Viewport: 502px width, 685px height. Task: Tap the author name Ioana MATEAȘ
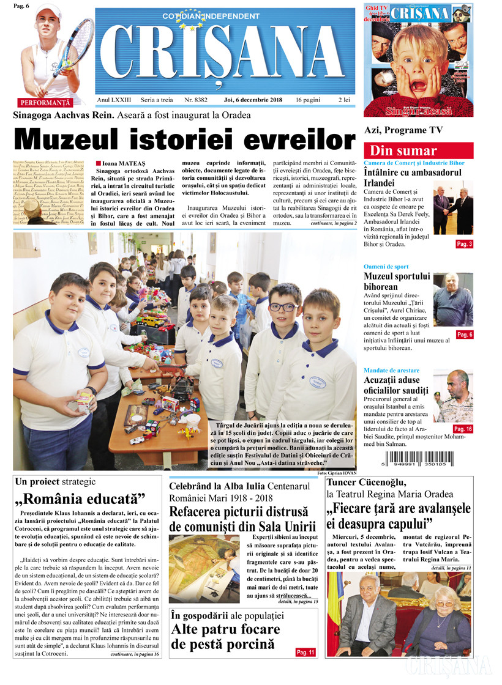tap(122, 163)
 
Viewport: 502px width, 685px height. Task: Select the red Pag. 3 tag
tap(463, 244)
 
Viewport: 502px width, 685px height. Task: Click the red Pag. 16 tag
tap(463, 429)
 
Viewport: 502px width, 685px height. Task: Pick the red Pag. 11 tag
tap(305, 653)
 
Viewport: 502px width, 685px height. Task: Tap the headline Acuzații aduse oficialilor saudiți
tap(397, 385)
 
